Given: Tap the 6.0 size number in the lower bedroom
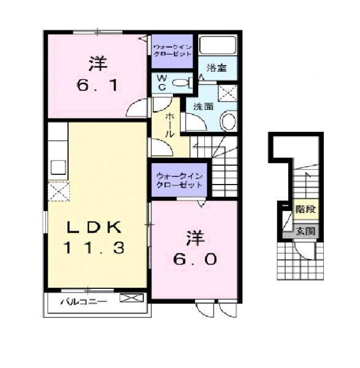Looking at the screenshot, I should pyautogui.click(x=194, y=258).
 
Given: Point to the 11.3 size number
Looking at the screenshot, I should pyautogui.click(x=96, y=248).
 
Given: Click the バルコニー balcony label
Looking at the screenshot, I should pyautogui.click(x=84, y=301).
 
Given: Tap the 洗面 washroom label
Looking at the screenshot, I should pyautogui.click(x=204, y=106).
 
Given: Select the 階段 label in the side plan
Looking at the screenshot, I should pyautogui.click(x=305, y=209).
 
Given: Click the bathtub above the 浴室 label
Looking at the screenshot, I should pyautogui.click(x=218, y=45).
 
